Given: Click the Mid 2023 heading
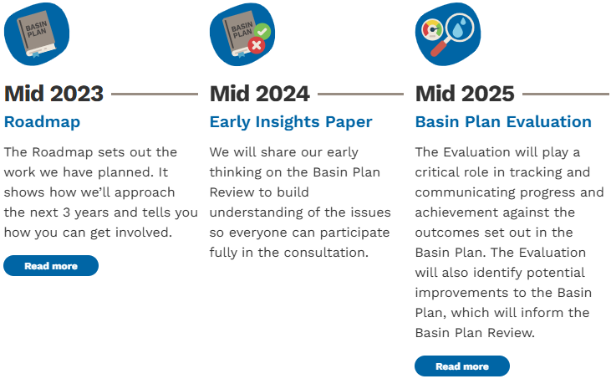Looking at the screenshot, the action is (x=53, y=94).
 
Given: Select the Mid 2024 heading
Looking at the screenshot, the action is (x=259, y=94).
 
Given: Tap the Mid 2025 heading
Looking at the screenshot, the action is (x=465, y=94).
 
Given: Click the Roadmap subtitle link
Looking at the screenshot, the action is (x=42, y=122).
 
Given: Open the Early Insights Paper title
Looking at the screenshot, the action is (x=291, y=122).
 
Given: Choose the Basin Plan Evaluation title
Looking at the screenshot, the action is (x=503, y=122).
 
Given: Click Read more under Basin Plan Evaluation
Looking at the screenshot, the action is (x=462, y=366).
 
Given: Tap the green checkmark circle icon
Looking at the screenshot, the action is (x=262, y=31).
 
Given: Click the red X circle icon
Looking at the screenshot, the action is (x=257, y=46).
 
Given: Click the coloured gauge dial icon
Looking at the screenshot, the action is (x=432, y=30).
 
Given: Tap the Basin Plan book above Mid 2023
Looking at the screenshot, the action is (x=36, y=34).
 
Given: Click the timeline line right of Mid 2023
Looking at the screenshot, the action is (x=155, y=94).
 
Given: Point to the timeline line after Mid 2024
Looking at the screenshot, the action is (x=361, y=94).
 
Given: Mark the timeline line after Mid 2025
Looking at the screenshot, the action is (x=566, y=94).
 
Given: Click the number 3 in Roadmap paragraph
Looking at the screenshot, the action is (x=66, y=212).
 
